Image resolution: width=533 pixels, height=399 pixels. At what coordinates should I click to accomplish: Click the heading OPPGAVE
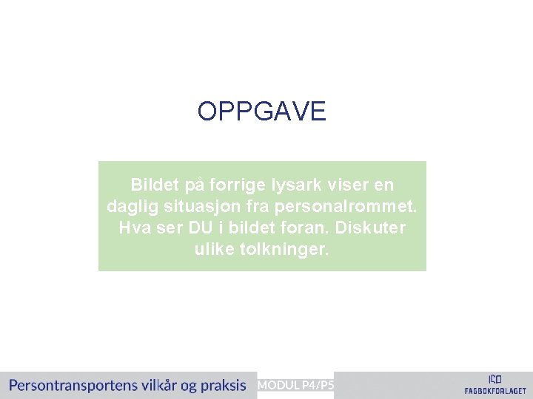(261, 112)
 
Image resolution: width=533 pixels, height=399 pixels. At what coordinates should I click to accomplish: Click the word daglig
(131, 205)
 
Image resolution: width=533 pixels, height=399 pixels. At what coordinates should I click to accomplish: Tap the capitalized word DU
(198, 228)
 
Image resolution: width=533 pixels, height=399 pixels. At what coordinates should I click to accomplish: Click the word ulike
(215, 249)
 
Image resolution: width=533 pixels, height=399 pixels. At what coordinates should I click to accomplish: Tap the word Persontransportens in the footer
(70, 385)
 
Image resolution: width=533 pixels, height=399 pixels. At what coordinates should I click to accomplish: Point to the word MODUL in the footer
(278, 385)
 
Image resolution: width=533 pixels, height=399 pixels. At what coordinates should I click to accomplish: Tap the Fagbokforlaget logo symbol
(495, 378)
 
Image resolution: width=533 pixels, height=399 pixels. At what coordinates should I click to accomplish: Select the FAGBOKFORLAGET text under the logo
(495, 391)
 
